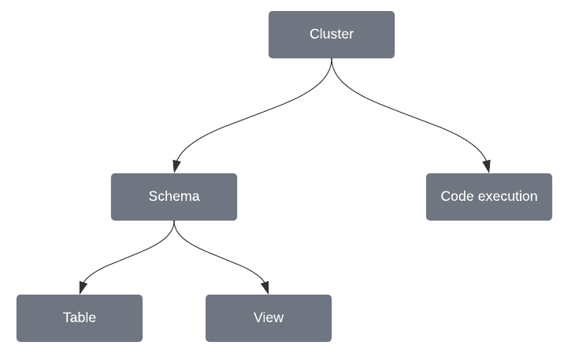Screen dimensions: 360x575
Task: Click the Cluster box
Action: [332, 35]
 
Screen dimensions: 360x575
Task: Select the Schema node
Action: [173, 197]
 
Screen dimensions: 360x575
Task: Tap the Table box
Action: [79, 318]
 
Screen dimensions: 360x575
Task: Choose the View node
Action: [269, 318]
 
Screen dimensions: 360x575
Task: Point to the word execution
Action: [507, 197]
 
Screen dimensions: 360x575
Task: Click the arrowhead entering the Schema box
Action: [175, 167]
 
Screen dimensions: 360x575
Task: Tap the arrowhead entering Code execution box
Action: [488, 167]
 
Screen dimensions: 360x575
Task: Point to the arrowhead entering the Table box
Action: [80, 288]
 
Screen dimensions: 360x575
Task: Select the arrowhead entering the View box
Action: [267, 288]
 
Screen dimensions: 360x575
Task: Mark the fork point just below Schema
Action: [173, 227]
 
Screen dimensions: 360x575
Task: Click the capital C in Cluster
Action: [314, 35]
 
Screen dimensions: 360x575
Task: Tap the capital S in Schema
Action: [153, 197]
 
